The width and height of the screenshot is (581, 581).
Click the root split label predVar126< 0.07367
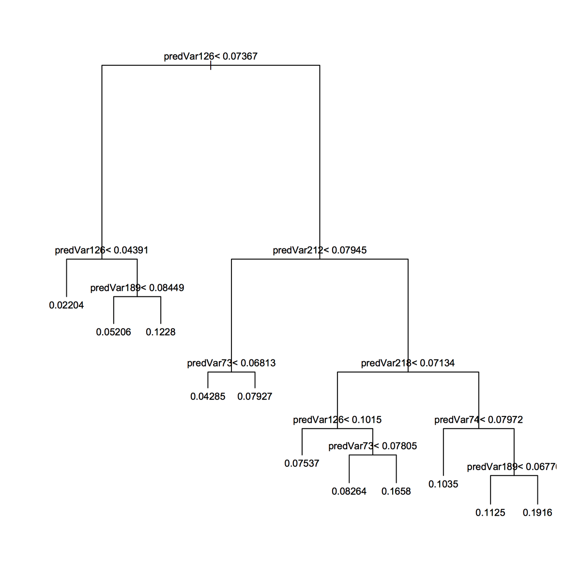[x=211, y=56]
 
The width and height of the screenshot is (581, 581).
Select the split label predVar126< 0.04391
[x=102, y=250]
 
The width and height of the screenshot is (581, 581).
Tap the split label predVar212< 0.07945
[x=320, y=250]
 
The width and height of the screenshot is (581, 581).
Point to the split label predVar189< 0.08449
[x=137, y=288]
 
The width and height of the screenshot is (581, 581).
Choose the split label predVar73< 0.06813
[x=231, y=363]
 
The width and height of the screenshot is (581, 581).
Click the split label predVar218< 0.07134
[x=408, y=363]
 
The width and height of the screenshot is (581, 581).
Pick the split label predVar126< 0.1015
[x=337, y=420]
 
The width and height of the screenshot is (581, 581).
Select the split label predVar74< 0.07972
[x=478, y=420]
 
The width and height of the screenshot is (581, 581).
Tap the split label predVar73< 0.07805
[x=372, y=446]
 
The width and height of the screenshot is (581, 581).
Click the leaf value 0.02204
[x=66, y=306]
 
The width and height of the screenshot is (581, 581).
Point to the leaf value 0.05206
[x=113, y=332]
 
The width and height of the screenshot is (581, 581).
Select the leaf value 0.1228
[x=160, y=332]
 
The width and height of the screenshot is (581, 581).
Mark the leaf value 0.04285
[x=208, y=397]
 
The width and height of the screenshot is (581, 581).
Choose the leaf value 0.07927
[x=255, y=397]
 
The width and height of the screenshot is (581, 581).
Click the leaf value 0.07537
[x=302, y=463]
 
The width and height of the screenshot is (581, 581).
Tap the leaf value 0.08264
[x=349, y=491]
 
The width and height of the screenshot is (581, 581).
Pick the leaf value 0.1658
[x=396, y=491]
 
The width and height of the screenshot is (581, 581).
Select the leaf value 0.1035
[x=443, y=484]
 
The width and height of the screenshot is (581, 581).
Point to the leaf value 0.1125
[x=490, y=513]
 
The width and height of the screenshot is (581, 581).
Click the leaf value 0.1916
[x=537, y=513]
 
